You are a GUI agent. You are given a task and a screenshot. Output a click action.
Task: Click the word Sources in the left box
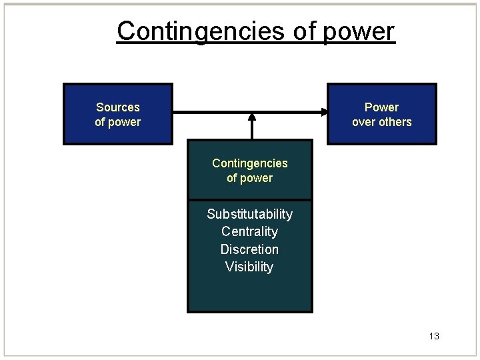[x=118, y=107]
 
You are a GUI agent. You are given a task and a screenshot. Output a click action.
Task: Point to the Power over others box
[x=381, y=114]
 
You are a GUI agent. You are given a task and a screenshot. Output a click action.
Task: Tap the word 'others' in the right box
[x=394, y=122]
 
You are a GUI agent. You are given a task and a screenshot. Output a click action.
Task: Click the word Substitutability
[x=249, y=214]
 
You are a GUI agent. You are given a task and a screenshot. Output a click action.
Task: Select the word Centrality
[x=249, y=231]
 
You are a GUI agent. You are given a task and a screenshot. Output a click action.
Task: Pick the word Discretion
[x=249, y=249]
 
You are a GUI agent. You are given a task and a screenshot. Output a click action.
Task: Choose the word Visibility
[x=249, y=267]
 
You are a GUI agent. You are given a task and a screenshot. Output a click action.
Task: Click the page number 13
[x=434, y=336]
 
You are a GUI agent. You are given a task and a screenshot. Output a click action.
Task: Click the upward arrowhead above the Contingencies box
[x=252, y=117]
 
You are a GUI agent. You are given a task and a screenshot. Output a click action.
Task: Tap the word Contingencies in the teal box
[x=249, y=163]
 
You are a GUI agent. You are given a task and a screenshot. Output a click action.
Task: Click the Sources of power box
[x=118, y=114]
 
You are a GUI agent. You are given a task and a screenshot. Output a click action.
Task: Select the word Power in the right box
[x=381, y=107]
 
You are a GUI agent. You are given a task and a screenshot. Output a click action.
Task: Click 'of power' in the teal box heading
[x=249, y=178]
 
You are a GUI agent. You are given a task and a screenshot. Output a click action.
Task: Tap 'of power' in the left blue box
[x=118, y=122]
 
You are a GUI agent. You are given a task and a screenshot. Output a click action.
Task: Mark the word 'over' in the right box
[x=363, y=122]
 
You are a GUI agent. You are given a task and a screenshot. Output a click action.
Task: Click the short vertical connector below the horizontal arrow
[x=252, y=129]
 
